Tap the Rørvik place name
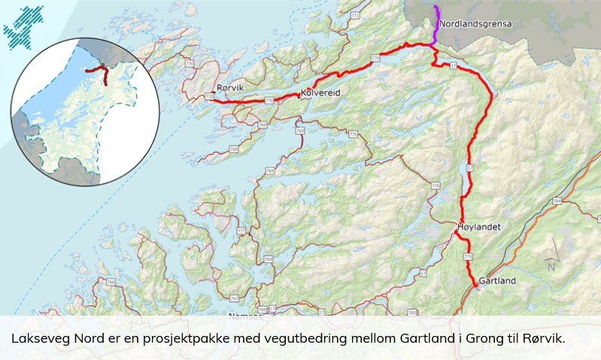229,88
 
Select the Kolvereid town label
320,92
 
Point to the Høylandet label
478,226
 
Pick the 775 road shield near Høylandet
469,257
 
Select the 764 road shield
557,201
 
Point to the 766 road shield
111,283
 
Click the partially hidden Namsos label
242,312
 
